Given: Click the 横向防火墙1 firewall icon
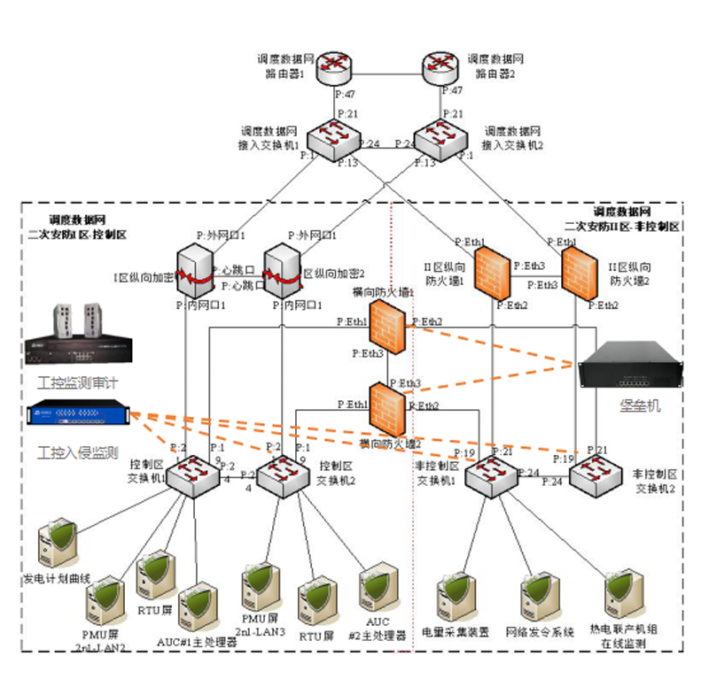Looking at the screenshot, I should coord(387,324).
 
